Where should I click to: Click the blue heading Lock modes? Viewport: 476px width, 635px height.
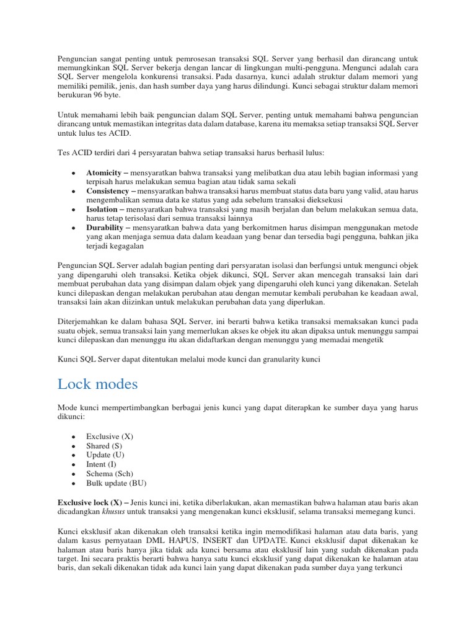click(97, 384)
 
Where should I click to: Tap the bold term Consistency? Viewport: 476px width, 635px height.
click(108, 191)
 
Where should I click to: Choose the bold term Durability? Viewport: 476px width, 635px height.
click(107, 228)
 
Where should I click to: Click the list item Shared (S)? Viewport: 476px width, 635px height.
click(105, 446)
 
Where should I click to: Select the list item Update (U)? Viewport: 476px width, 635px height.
click(106, 455)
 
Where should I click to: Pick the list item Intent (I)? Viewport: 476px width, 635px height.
click(102, 464)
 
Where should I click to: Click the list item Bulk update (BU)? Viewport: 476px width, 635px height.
click(117, 483)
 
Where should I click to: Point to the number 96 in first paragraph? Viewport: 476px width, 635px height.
click(101, 96)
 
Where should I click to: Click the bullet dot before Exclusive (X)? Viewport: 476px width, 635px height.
click(74, 437)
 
